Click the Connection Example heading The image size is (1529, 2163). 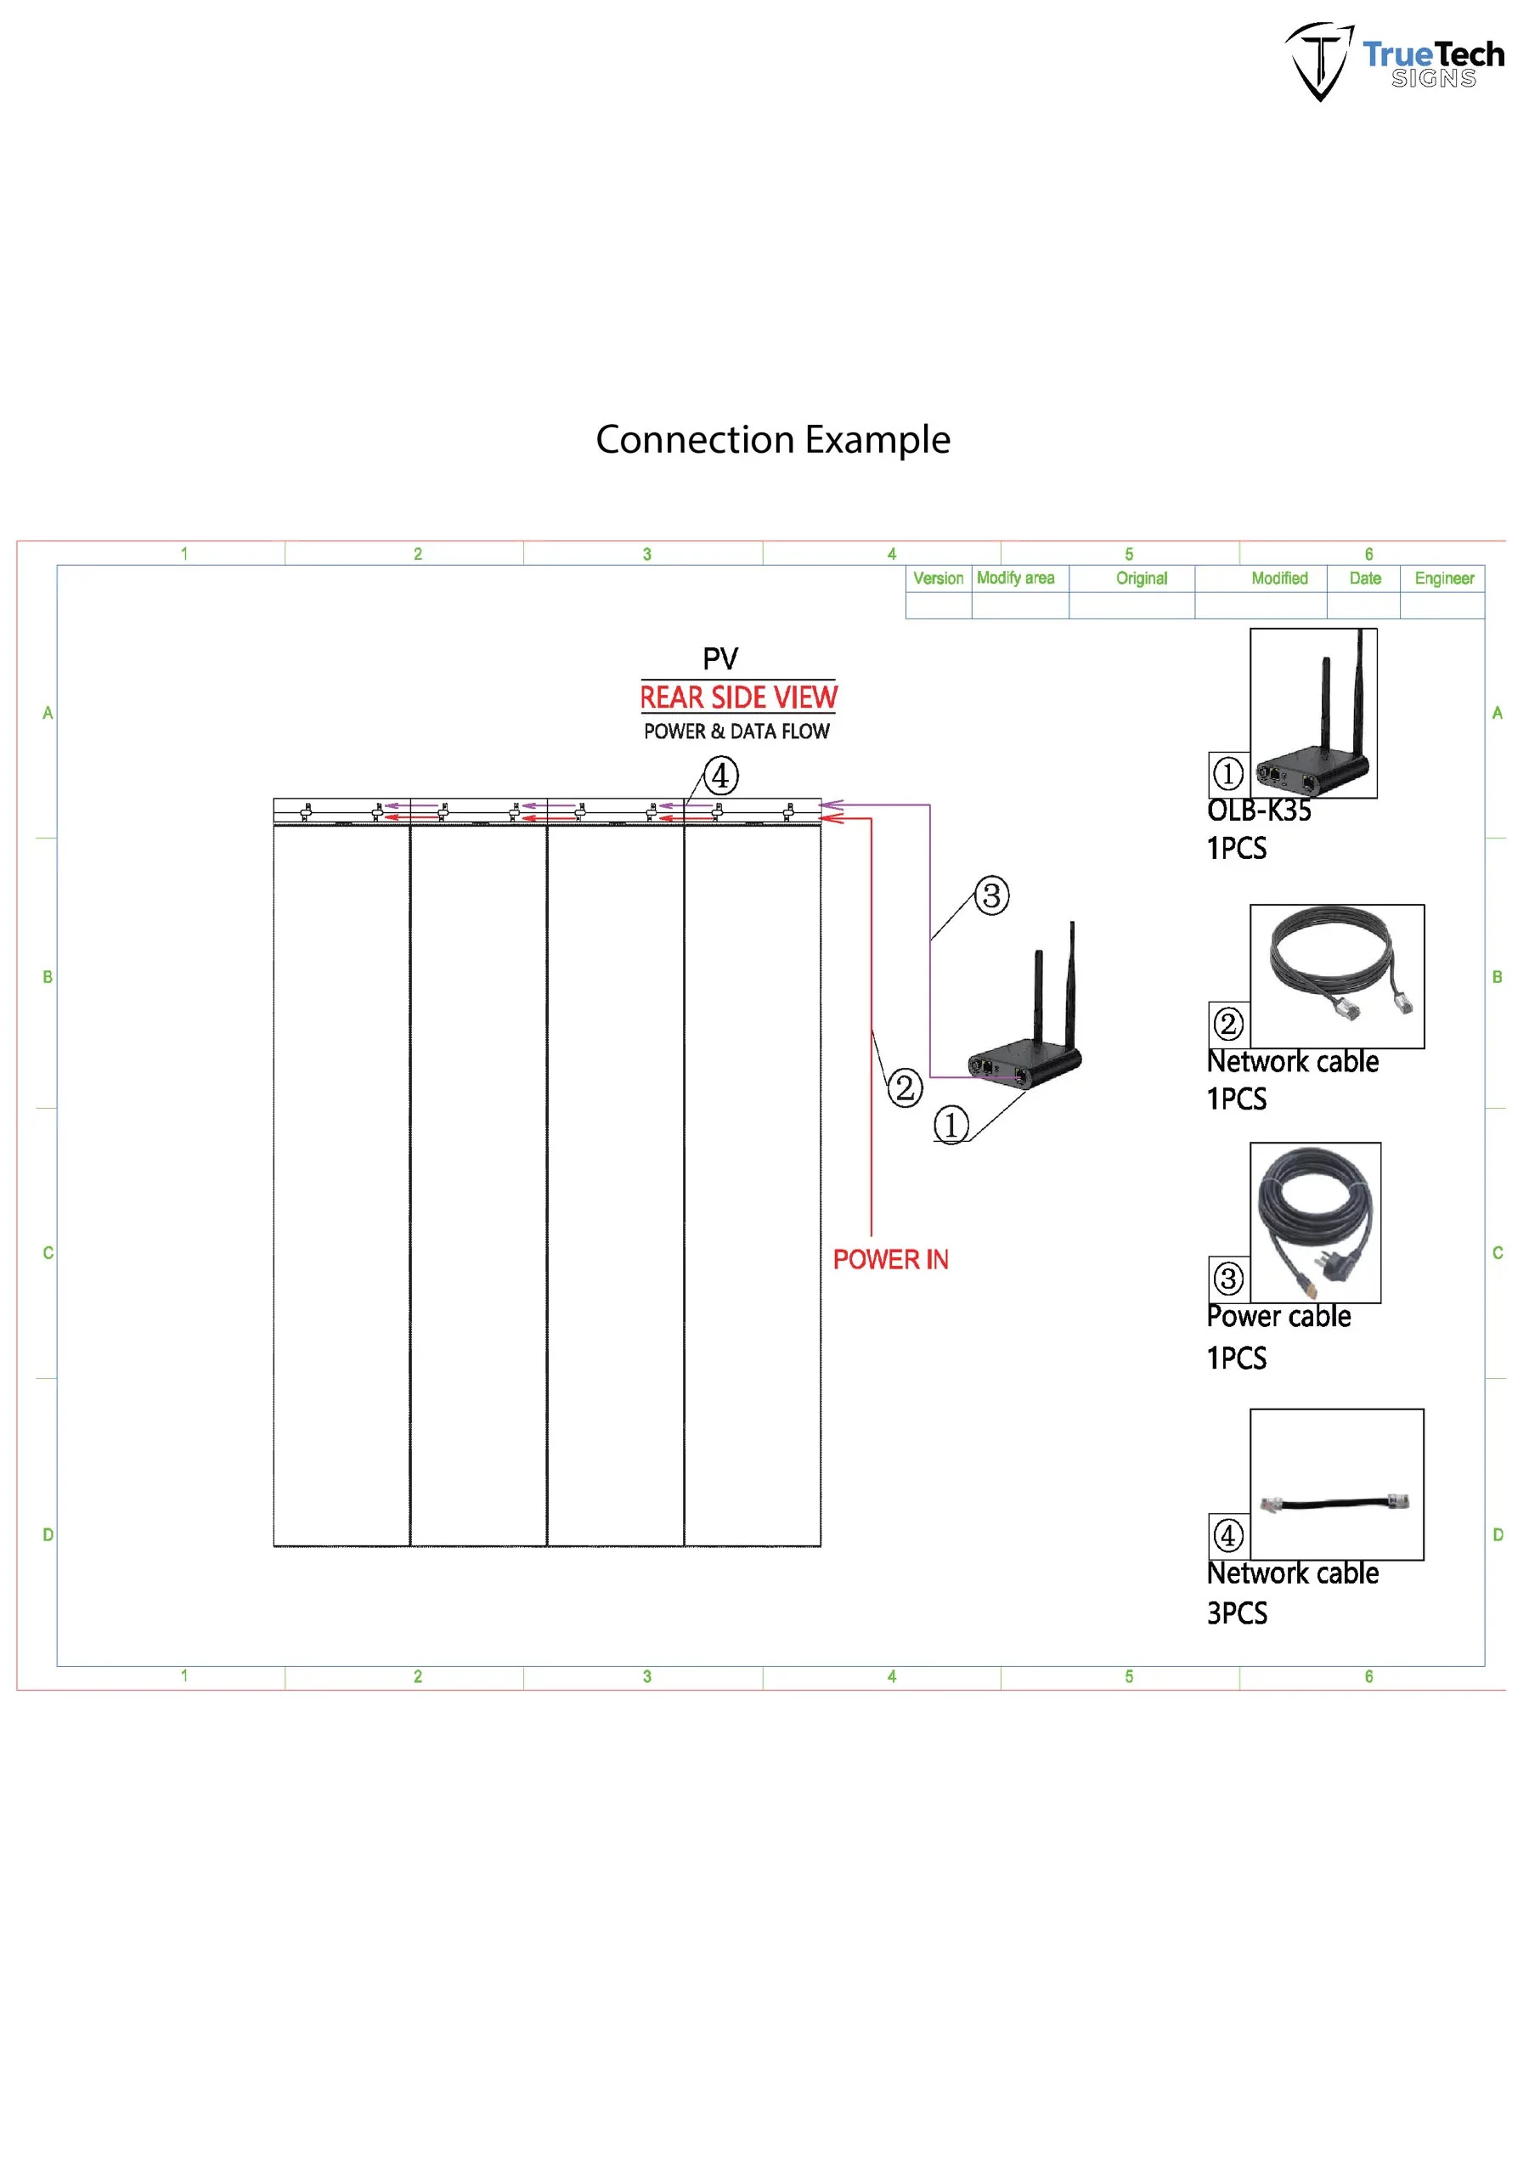click(772, 440)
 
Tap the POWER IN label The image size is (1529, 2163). click(890, 1260)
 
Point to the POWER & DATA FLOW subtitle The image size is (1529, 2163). click(736, 731)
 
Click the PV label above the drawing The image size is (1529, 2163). click(720, 658)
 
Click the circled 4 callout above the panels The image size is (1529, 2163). click(720, 777)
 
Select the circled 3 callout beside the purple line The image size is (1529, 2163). click(991, 895)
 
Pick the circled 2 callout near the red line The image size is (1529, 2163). click(905, 1088)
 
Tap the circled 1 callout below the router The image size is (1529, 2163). click(951, 1125)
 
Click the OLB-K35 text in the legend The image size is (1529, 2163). click(1259, 811)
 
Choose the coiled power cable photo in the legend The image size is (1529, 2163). click(1315, 1223)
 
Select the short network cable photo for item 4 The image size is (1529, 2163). click(1336, 1503)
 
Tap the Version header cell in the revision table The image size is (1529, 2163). click(939, 579)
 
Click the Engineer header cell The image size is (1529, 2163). click(1443, 579)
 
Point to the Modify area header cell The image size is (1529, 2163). click(1016, 579)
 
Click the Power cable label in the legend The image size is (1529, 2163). click(1278, 1317)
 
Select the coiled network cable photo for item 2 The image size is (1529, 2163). click(1336, 976)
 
